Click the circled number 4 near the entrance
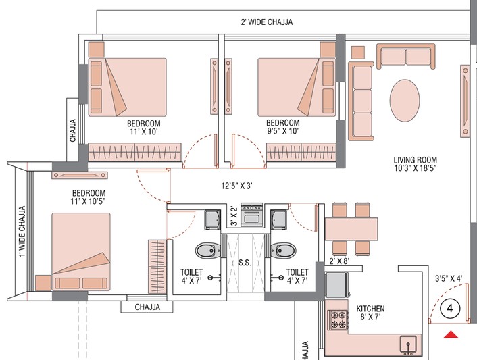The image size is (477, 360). pyautogui.click(x=450, y=309)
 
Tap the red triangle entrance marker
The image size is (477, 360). pyautogui.click(x=451, y=335)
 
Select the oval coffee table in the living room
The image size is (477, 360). pyautogui.click(x=405, y=101)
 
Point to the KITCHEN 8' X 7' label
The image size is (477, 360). pyautogui.click(x=370, y=313)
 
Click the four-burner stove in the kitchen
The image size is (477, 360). pyautogui.click(x=338, y=319)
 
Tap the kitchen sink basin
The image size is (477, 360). pyautogui.click(x=408, y=344)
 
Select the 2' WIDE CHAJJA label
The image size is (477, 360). pyautogui.click(x=267, y=22)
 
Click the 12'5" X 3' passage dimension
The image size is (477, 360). pyautogui.click(x=237, y=186)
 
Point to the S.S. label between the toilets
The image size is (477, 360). pyautogui.click(x=245, y=263)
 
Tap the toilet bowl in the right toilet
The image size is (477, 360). pyautogui.click(x=283, y=251)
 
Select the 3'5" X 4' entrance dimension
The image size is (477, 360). pyautogui.click(x=449, y=278)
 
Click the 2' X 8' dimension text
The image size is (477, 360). pyautogui.click(x=339, y=261)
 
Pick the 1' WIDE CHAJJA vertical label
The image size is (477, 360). pyautogui.click(x=22, y=232)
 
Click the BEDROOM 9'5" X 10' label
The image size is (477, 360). pyautogui.click(x=283, y=127)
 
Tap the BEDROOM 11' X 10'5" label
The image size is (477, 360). pyautogui.click(x=89, y=197)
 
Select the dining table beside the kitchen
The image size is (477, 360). pyautogui.click(x=351, y=229)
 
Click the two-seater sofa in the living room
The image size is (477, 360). pyautogui.click(x=406, y=56)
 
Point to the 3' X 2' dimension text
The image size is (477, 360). pyautogui.click(x=234, y=215)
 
